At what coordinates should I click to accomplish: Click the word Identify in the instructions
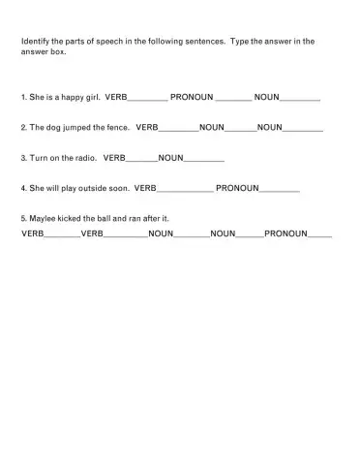pos(36,43)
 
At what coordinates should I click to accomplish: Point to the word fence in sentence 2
pos(117,128)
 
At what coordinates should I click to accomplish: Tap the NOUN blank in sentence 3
pos(204,158)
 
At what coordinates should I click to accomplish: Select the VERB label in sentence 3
pos(115,157)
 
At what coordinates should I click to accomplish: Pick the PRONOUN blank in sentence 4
pos(280,188)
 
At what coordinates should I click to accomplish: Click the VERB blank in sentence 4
pos(185,188)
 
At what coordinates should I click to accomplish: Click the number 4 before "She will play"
pos(22,187)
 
